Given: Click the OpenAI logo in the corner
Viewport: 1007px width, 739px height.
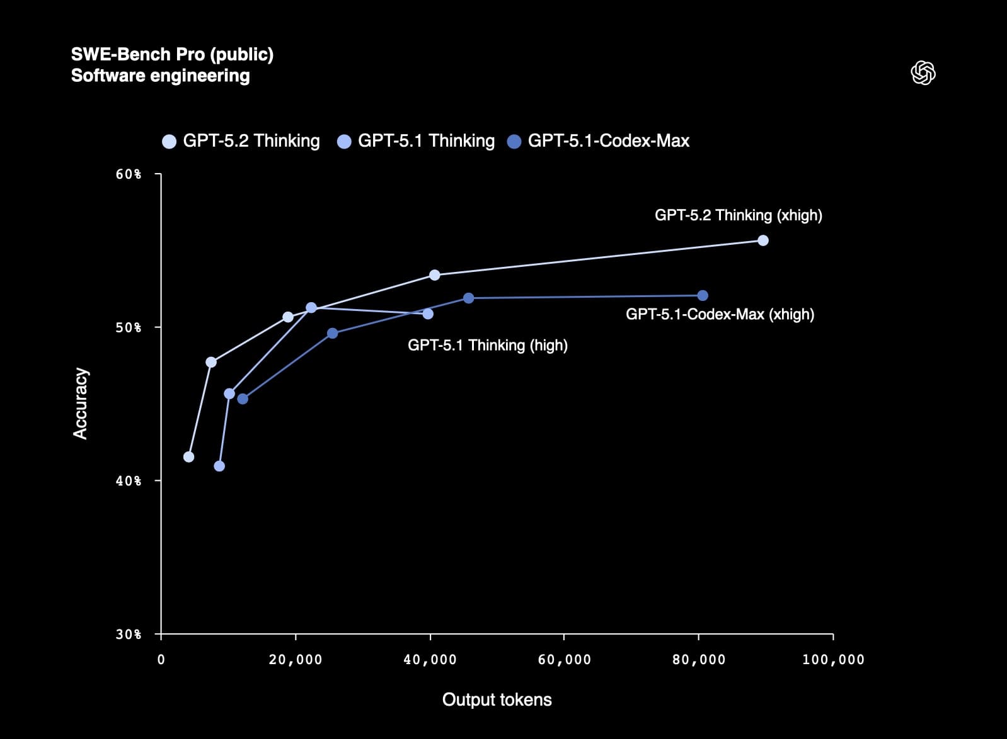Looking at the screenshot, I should pos(923,73).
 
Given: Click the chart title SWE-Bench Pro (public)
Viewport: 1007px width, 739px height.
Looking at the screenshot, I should pos(172,54).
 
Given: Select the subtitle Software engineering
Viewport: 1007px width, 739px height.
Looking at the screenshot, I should pos(160,76).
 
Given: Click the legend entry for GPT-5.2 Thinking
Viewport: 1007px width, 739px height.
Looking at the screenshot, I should pos(241,140).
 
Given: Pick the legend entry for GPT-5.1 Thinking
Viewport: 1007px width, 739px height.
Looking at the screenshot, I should pos(417,140).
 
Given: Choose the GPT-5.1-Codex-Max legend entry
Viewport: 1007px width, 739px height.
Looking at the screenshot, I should pos(599,140).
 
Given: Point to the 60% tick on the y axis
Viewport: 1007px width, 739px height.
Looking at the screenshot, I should pos(129,174).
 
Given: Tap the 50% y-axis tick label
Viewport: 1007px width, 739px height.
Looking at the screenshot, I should pos(129,327).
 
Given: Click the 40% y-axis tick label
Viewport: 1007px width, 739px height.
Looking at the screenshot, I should pos(129,481).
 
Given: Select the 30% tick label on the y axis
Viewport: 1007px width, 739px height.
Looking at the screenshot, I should pos(129,634).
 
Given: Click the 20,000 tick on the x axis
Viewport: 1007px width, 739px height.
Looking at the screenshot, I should pos(296,660).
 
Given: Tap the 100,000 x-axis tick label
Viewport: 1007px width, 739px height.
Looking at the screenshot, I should pos(833,660).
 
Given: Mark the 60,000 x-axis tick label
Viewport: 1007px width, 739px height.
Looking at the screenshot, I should pos(564,660).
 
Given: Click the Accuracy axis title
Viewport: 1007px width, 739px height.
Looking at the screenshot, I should pos(81,403).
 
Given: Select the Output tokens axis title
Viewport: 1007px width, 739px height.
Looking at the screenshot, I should pos(497,699).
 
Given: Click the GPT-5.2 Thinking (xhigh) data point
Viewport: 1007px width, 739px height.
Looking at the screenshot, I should pos(762,240).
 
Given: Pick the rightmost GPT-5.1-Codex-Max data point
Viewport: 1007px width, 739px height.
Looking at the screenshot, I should pos(703,296).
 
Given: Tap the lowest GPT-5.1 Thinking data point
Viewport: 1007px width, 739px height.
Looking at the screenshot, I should pos(219,466).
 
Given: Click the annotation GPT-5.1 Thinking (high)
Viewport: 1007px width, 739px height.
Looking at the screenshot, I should pos(487,345).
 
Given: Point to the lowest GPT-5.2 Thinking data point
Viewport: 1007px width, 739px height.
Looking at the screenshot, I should pos(188,457).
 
